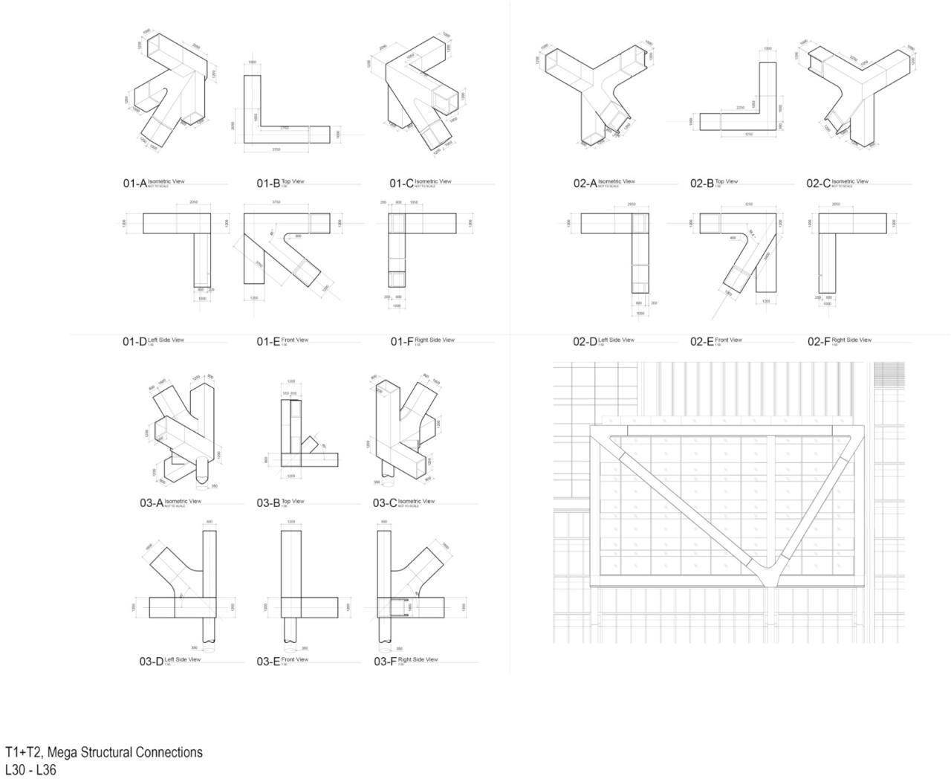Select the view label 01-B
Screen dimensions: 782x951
pos(268,183)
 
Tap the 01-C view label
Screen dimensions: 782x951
pos(401,183)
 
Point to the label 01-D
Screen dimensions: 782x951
pos(135,342)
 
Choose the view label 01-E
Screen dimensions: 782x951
pos(268,342)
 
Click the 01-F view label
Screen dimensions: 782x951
pos(403,342)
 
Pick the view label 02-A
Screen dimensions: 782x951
pos(585,183)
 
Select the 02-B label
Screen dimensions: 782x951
pos(701,183)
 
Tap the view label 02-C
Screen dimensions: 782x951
pos(819,183)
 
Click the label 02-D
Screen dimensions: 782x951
pos(585,342)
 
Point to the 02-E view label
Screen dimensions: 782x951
pos(701,342)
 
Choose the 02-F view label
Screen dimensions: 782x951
pos(819,342)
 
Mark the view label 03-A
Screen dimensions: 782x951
pos(152,503)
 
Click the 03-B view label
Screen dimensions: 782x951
pos(268,503)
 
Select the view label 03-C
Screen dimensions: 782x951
pos(385,503)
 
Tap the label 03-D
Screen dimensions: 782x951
pos(152,662)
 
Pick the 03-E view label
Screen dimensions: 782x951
pos(268,662)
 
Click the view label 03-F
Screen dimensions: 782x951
pos(385,662)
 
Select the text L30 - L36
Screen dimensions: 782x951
pos(30,770)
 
